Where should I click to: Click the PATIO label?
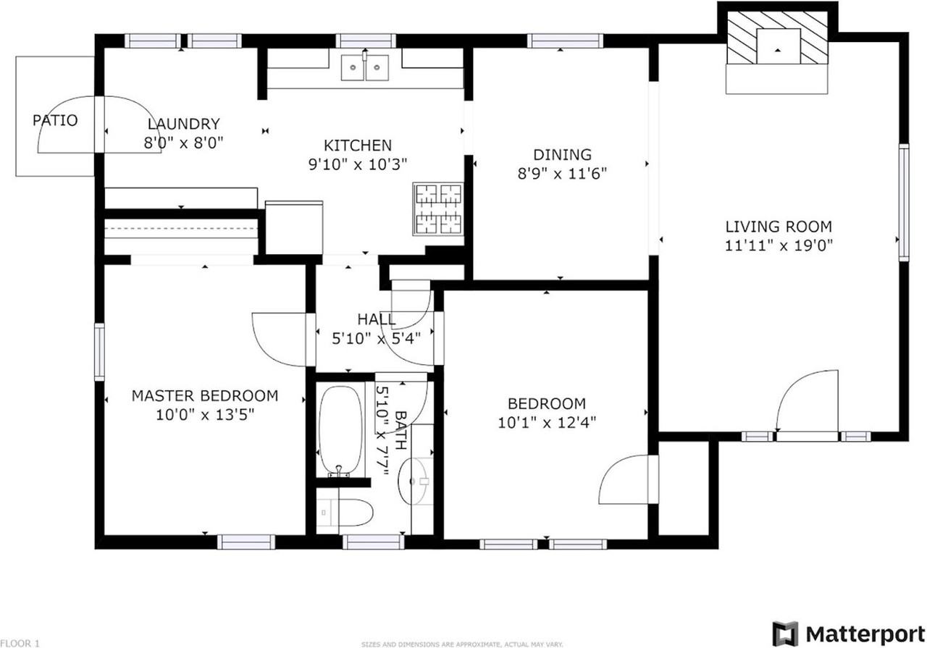[55, 120]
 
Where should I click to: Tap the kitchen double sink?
[365, 68]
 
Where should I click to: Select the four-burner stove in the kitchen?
[438, 209]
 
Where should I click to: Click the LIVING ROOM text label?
[779, 226]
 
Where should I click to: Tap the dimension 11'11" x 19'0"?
[779, 245]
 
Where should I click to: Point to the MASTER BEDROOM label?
[205, 396]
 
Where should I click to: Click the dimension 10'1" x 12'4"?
[547, 422]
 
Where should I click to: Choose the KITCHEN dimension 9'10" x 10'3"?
[358, 164]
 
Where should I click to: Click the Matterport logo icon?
[785, 634]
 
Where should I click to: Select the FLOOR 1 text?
[20, 642]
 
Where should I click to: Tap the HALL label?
[377, 319]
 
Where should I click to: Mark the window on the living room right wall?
[903, 202]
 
